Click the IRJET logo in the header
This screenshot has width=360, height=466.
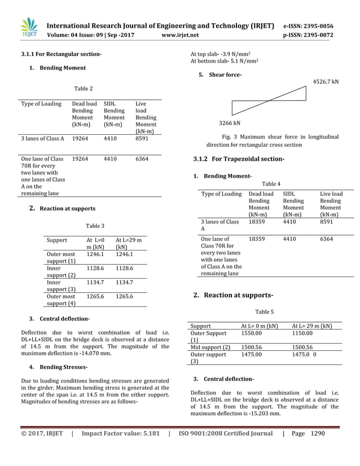[29, 29]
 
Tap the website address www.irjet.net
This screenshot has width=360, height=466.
[180, 35]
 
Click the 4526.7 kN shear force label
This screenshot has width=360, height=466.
[326, 82]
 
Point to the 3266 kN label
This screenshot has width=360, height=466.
[230, 122]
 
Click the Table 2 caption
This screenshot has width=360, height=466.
[84, 89]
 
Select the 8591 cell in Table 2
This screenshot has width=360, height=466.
[143, 138]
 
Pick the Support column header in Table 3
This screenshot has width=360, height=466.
[57, 240]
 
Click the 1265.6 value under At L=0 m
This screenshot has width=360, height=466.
[95, 296]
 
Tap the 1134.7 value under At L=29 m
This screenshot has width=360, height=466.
[124, 283]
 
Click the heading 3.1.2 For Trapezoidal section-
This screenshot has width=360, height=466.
[239, 159]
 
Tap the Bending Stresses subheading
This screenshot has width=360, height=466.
[58, 367]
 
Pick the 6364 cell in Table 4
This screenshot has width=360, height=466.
[326, 239]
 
